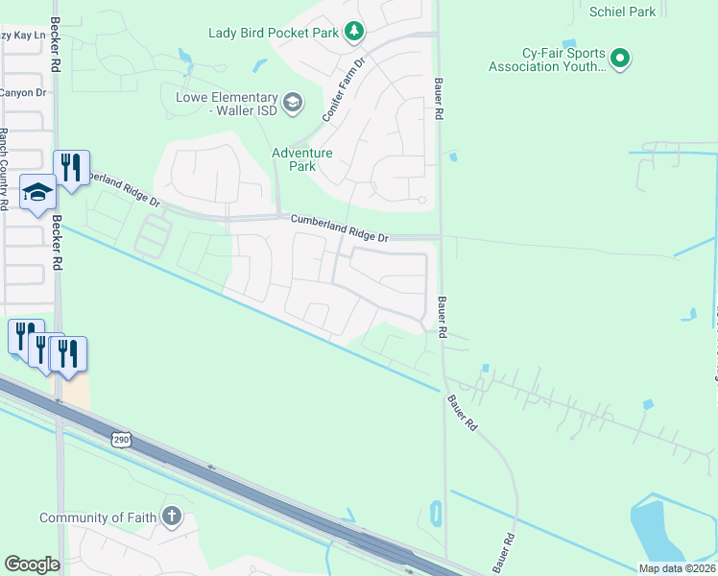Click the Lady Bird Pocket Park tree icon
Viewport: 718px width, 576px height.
(x=354, y=33)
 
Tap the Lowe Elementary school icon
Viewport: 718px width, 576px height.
(x=293, y=101)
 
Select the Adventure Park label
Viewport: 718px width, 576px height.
(x=301, y=159)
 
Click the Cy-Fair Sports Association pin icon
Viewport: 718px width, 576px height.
(x=620, y=60)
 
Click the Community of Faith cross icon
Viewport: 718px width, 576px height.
(x=171, y=516)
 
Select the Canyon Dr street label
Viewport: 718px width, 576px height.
(x=23, y=93)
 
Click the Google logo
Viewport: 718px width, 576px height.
(x=32, y=564)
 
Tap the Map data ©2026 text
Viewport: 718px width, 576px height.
(x=676, y=568)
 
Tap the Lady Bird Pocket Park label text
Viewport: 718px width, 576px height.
(x=274, y=33)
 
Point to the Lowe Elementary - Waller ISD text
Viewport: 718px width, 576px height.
(x=227, y=104)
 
